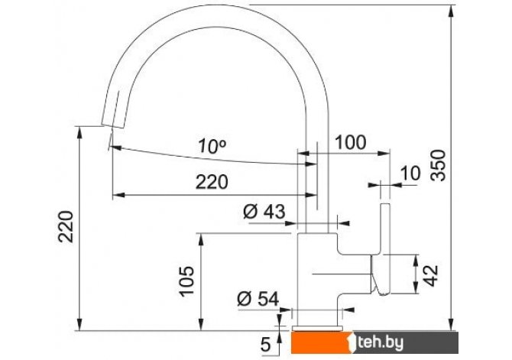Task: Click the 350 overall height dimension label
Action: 438,165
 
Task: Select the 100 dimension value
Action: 351,143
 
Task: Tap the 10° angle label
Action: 212,146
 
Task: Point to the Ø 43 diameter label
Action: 264,212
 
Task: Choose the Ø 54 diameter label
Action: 258,299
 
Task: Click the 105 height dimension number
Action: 187,281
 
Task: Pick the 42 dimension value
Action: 431,276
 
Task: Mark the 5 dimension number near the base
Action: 266,344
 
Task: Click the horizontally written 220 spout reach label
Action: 212,182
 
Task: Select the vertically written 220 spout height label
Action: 66,227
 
